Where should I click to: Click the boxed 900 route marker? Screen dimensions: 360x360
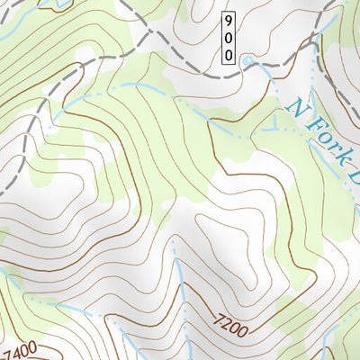click(x=229, y=38)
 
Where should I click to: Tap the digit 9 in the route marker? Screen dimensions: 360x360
click(x=229, y=20)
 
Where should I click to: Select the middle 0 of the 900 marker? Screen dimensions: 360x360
click(x=229, y=38)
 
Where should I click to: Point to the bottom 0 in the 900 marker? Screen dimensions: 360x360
click(x=229, y=55)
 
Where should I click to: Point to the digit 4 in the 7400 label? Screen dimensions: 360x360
click(x=18, y=348)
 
